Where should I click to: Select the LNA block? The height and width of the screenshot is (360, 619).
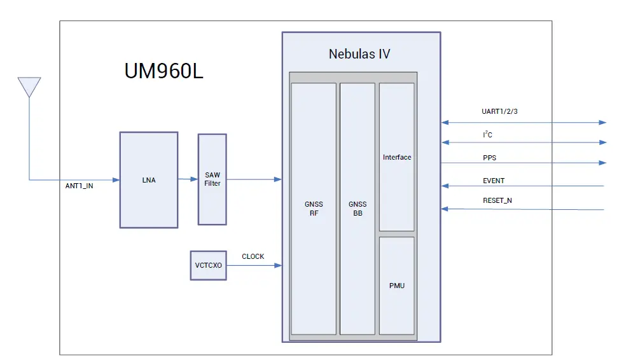click(x=149, y=180)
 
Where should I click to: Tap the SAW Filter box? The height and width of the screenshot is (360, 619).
click(x=212, y=179)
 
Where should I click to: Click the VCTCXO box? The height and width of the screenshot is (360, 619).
click(x=208, y=265)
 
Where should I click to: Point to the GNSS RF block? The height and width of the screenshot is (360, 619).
click(x=314, y=209)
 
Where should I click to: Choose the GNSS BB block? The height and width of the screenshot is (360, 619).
click(x=358, y=209)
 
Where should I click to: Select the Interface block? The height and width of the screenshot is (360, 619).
click(x=397, y=157)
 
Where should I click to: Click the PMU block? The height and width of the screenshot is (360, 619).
click(x=397, y=286)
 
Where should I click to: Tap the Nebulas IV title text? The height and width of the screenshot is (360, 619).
click(x=359, y=54)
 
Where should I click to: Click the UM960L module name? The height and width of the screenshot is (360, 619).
click(x=163, y=71)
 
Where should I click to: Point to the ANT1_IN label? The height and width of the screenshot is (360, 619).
click(x=79, y=186)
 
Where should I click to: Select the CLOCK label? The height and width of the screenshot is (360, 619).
click(x=253, y=257)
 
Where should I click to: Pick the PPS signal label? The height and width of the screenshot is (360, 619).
click(x=490, y=156)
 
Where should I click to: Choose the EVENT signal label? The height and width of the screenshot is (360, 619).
click(x=494, y=181)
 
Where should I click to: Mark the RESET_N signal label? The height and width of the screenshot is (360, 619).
click(x=497, y=201)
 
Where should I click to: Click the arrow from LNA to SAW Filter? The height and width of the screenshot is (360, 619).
click(x=188, y=179)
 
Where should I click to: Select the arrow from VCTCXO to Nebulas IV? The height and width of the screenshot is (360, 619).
click(x=254, y=265)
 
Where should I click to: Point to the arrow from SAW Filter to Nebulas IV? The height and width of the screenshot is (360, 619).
click(x=254, y=179)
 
